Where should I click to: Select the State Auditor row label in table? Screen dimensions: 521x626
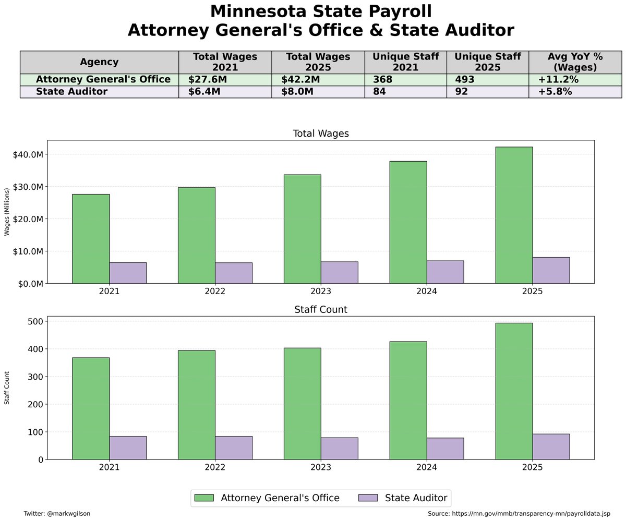pos(71,92)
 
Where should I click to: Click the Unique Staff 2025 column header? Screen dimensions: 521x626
pos(487,62)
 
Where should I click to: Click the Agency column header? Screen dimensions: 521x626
pos(99,62)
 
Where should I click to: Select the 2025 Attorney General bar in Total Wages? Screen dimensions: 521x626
pos(514,215)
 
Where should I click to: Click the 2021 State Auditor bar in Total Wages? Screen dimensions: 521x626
pos(128,273)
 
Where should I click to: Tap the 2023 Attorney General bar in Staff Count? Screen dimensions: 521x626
pos(302,403)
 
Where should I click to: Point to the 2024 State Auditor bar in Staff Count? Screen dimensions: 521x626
pos(445,449)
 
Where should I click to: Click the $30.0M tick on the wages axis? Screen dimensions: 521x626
pos(30,187)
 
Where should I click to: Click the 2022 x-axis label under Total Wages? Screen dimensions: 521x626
pos(215,292)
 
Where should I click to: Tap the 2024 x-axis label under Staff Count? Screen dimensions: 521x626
pos(427,468)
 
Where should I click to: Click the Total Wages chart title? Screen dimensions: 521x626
pos(320,134)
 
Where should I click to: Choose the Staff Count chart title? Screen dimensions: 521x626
pos(320,310)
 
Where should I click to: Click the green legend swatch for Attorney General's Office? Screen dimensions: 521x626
pos(204,498)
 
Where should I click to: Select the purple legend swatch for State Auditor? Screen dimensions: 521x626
pos(368,498)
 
